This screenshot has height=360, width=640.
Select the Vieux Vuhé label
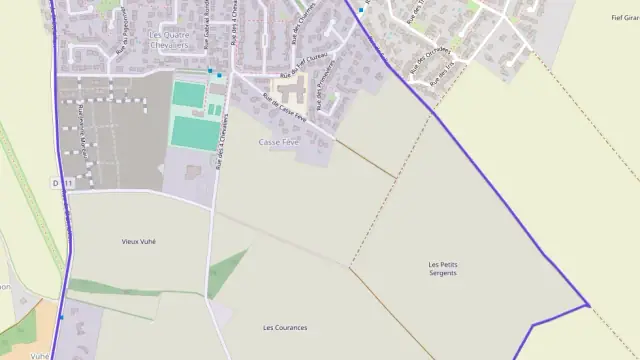pos(139,241)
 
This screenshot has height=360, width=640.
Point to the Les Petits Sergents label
pos(441,268)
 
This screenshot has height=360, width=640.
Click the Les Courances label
pos(285,328)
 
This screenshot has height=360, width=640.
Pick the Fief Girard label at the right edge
pos(624,18)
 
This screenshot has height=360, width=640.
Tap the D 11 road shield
pos(65,184)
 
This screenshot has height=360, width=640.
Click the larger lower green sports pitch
pos(193,133)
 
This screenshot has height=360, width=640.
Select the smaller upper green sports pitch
pos(187,94)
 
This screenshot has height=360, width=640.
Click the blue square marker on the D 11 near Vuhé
pos(62,317)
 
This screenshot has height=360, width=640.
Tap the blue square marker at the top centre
pos(361,10)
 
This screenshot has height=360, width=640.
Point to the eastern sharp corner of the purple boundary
pos(589,305)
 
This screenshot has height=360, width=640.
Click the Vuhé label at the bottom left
pos(40,355)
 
